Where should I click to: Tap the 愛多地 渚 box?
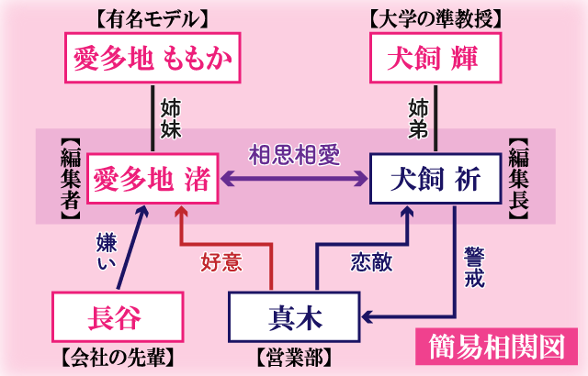[153, 177]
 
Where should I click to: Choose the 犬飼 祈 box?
[435, 177]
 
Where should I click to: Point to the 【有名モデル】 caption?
[152, 16]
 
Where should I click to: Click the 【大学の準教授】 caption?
[435, 16]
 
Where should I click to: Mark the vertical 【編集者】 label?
[69, 177]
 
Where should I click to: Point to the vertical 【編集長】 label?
[518, 177]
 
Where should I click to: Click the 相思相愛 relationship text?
[293, 154]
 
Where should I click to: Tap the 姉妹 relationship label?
[170, 116]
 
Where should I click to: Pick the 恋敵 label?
[370, 262]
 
